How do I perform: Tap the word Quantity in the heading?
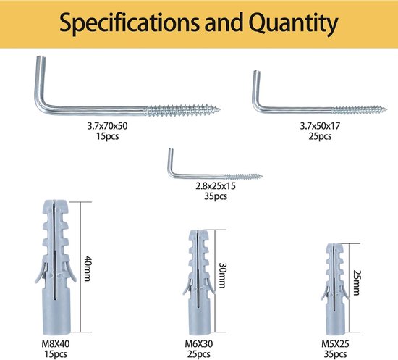[293, 23]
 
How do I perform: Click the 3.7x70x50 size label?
[107, 126]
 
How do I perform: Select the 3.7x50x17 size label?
[320, 126]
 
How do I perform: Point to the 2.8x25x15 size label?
[216, 186]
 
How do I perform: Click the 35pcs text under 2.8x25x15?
[216, 196]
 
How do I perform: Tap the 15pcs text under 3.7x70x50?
[107, 136]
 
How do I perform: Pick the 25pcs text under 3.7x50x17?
[320, 136]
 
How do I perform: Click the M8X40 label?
[56, 344]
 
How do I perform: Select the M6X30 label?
[199, 344]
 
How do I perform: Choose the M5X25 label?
[335, 344]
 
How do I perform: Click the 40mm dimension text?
[88, 269]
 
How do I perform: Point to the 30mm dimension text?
[223, 275]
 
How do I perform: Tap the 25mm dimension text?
[357, 282]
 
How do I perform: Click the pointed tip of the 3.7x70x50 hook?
[220, 110]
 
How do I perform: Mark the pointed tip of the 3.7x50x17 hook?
[386, 110]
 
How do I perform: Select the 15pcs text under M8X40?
[56, 354]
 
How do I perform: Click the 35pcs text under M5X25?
[335, 354]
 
